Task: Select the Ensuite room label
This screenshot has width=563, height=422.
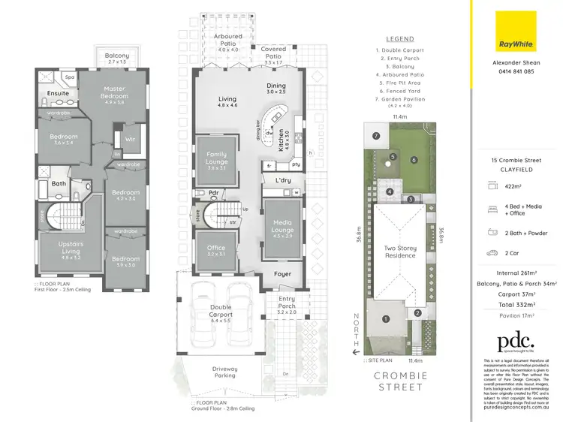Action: click(58, 94)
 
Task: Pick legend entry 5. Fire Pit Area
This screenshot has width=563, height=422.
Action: click(400, 82)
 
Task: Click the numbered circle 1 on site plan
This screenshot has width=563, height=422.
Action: click(385, 318)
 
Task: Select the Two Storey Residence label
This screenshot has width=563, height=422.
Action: click(400, 252)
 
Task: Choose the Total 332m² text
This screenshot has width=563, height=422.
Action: click(512, 305)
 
